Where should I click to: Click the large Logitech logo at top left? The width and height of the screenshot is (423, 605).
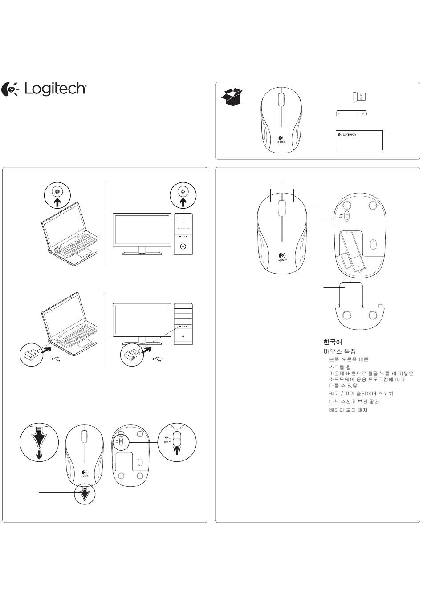45,89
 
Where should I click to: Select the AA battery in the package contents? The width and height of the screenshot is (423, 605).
352,114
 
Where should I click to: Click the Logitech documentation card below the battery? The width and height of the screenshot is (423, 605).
359,140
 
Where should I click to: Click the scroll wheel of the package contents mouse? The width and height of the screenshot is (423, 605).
281,100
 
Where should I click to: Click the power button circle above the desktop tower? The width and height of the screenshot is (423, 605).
183,195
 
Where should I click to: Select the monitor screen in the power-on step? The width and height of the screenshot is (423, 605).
142,230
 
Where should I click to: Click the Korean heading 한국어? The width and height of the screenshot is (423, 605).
333,342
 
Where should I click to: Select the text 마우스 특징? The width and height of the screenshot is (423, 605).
340,351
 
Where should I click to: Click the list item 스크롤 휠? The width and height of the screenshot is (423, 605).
340,367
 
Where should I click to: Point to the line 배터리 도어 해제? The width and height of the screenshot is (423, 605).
348,410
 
